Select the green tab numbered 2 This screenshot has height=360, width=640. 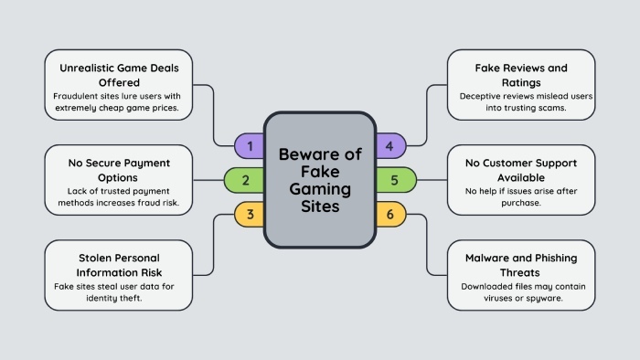pyautogui.click(x=245, y=180)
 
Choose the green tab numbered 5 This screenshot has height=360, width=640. pyautogui.click(x=394, y=180)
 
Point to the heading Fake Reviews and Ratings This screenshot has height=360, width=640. pyautogui.click(x=521, y=74)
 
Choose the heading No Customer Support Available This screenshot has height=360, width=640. pyautogui.click(x=521, y=169)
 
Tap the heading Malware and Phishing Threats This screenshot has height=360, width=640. pyautogui.click(x=521, y=264)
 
